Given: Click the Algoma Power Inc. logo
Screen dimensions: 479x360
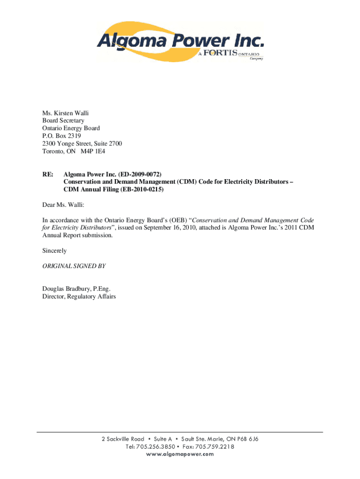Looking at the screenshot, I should click(180, 43).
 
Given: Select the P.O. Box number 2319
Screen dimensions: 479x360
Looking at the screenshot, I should click(67, 136).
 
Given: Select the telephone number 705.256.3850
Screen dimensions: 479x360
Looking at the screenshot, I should click(155, 446).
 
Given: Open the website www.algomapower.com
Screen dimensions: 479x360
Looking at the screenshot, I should click(180, 454).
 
